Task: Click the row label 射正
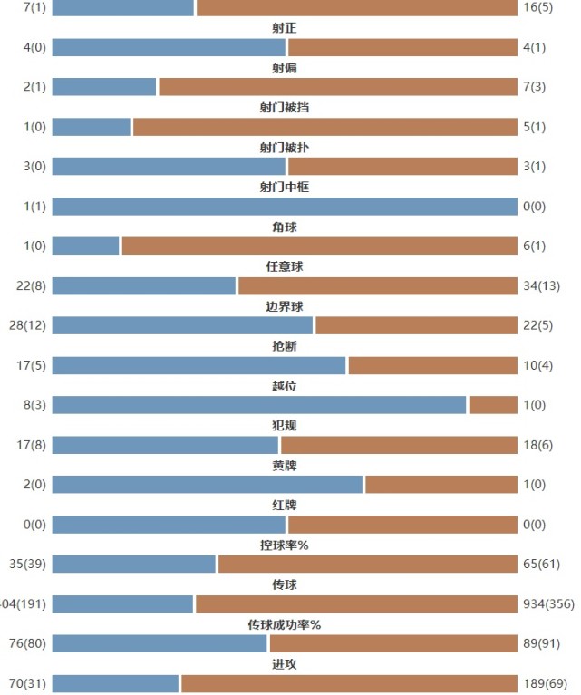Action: coord(284,28)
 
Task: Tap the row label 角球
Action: coord(284,227)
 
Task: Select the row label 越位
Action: coord(284,386)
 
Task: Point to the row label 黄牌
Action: coord(284,466)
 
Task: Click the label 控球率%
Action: coord(284,545)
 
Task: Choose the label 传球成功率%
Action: coord(284,625)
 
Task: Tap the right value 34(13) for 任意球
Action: coord(542,286)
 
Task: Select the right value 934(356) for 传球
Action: coord(547,604)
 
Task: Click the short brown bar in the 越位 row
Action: coord(493,405)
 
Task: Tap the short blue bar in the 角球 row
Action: coord(85,246)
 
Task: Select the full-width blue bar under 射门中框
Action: coord(284,207)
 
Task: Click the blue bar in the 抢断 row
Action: coord(199,365)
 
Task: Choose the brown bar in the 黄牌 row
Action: coord(441,485)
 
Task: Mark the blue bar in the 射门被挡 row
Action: coord(91,127)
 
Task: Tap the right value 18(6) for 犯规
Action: coord(538,445)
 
